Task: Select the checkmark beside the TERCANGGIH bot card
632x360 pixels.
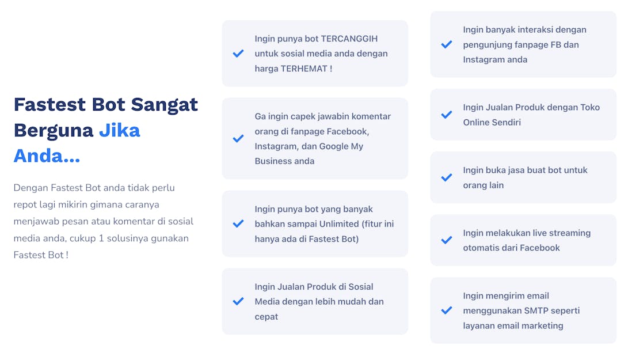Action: coord(238,53)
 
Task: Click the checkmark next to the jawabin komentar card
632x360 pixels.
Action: coord(238,138)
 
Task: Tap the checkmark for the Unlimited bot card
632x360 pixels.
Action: coord(238,223)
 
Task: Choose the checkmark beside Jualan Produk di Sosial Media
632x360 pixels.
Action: coord(238,301)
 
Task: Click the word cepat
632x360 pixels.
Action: coord(266,317)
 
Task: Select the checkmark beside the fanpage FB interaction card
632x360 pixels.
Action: coord(447,44)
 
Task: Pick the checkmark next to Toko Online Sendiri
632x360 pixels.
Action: coord(447,115)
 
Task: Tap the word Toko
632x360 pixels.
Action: coord(590,107)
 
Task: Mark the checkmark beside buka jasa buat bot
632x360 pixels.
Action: coord(447,177)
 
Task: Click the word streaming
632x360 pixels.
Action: coord(569,233)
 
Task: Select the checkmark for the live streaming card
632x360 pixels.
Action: coord(447,240)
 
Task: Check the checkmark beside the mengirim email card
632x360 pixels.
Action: coord(447,310)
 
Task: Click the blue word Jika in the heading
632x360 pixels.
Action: coord(120,130)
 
